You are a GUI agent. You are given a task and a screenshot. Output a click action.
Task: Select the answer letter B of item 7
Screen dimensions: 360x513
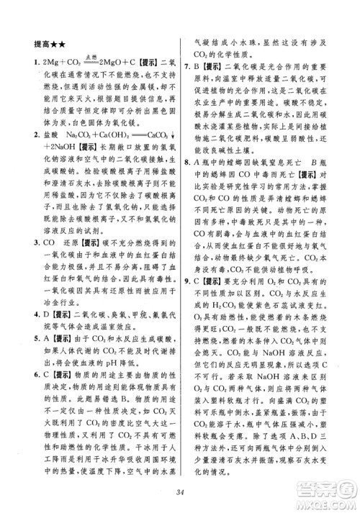click(199, 67)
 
